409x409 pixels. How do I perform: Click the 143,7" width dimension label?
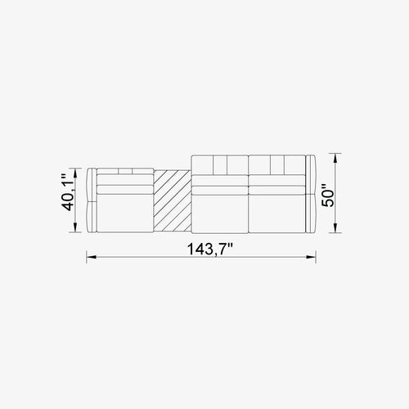tap(209, 249)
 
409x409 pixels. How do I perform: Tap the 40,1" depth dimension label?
tap(67, 192)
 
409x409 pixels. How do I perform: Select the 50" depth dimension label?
tap(328, 196)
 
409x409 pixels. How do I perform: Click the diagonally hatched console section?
tap(173, 201)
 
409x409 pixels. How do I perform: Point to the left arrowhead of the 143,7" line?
tap(91, 257)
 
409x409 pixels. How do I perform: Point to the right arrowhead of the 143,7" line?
tap(311, 257)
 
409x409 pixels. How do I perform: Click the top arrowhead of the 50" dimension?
tap(335, 159)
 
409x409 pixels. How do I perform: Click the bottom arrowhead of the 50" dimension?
tap(335, 227)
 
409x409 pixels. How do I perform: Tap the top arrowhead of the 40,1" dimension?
tap(75, 173)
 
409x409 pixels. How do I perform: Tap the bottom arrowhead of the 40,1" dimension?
tap(75, 227)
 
